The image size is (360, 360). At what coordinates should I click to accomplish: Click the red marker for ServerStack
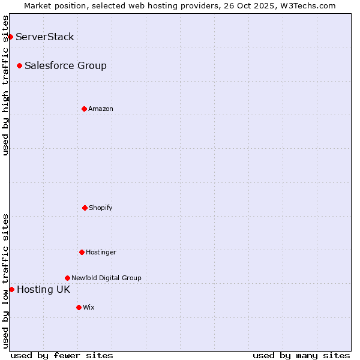click(10, 37)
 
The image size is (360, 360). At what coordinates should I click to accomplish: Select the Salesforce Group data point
click(20, 65)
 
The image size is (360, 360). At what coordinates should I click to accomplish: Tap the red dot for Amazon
click(84, 109)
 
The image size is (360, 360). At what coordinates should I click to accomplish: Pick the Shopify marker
click(85, 208)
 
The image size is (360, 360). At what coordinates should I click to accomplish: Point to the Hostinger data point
click(82, 252)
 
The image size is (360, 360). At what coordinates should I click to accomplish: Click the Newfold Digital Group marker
click(67, 278)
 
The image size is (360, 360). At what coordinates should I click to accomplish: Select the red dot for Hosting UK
click(11, 289)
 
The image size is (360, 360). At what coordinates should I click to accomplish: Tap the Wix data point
click(79, 307)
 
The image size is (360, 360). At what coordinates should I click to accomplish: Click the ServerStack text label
click(45, 37)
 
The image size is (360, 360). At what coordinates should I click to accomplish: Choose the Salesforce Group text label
click(65, 65)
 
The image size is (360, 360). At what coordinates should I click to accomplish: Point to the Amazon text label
click(101, 109)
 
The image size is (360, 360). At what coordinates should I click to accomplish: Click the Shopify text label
click(101, 208)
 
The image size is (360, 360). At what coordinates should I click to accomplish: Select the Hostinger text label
click(101, 252)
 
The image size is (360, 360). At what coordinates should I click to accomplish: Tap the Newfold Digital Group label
click(106, 278)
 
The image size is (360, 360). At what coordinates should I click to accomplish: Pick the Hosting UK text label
click(43, 290)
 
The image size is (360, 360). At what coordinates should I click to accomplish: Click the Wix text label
click(89, 307)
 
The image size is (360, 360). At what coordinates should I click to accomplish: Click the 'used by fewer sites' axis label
click(62, 355)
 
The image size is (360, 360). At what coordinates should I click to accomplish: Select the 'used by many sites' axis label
click(301, 355)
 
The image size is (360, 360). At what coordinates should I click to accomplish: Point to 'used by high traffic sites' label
click(5, 85)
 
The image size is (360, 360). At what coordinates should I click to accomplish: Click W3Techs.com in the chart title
click(307, 5)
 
